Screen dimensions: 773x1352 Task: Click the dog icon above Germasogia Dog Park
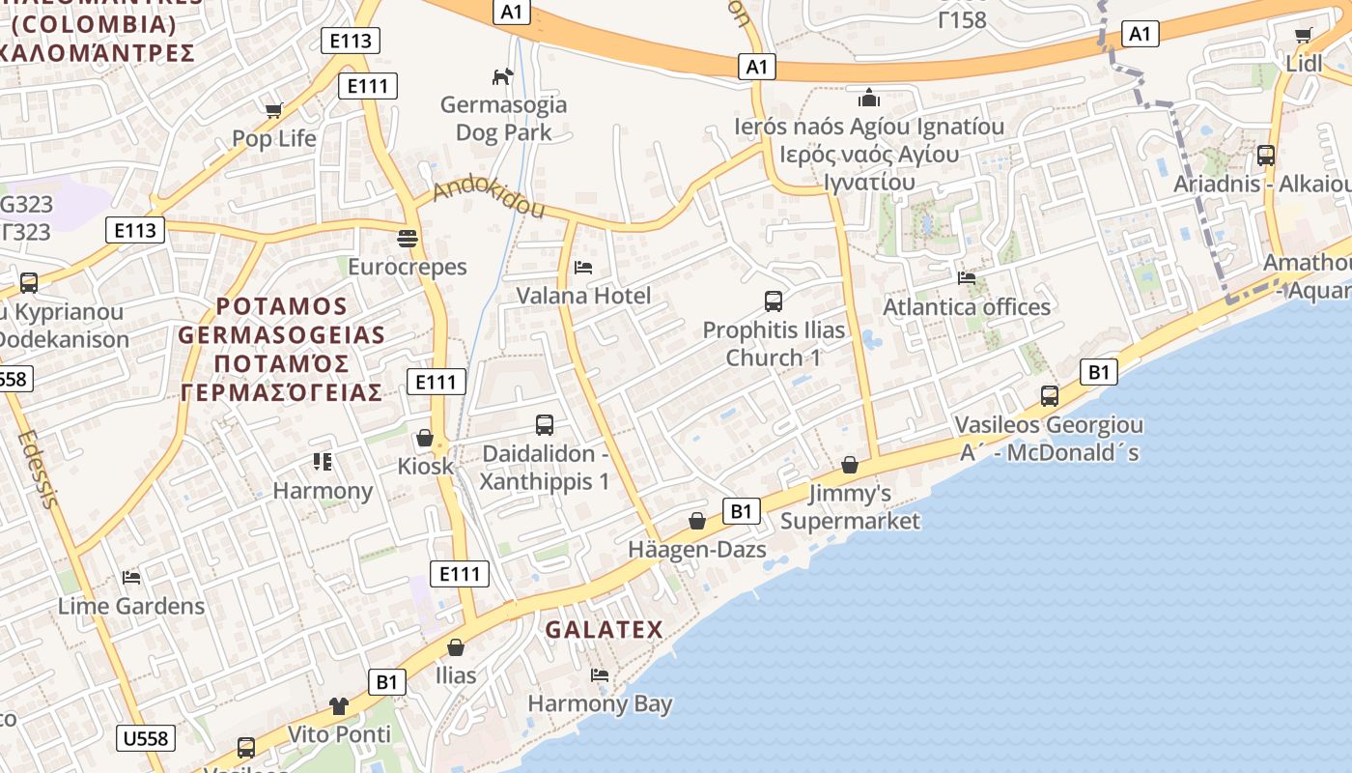click(x=502, y=75)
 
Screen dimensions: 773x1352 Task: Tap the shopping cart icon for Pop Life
click(x=273, y=110)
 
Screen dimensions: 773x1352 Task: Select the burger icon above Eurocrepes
click(x=408, y=238)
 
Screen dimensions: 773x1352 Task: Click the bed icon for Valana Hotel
click(x=583, y=268)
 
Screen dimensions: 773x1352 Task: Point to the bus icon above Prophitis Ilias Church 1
click(x=773, y=301)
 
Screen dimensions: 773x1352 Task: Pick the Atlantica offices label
click(x=967, y=307)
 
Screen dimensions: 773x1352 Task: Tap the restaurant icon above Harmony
click(x=323, y=462)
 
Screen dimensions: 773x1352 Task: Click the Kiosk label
click(x=425, y=466)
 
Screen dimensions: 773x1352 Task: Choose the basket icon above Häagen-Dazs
click(x=696, y=521)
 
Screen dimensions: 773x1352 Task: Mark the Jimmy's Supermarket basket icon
click(x=850, y=465)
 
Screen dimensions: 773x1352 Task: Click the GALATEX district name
click(x=605, y=630)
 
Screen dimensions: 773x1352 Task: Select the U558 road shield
click(x=146, y=738)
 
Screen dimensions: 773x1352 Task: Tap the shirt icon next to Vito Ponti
click(x=338, y=705)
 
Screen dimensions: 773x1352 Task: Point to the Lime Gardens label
click(x=131, y=606)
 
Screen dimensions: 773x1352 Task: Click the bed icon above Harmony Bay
click(x=600, y=674)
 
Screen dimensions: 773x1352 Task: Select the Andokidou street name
click(x=489, y=196)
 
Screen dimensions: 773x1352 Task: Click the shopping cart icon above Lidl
click(x=1303, y=36)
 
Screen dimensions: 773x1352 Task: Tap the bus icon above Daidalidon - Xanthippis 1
click(x=545, y=424)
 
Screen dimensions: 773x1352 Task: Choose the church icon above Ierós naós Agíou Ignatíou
click(x=869, y=98)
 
